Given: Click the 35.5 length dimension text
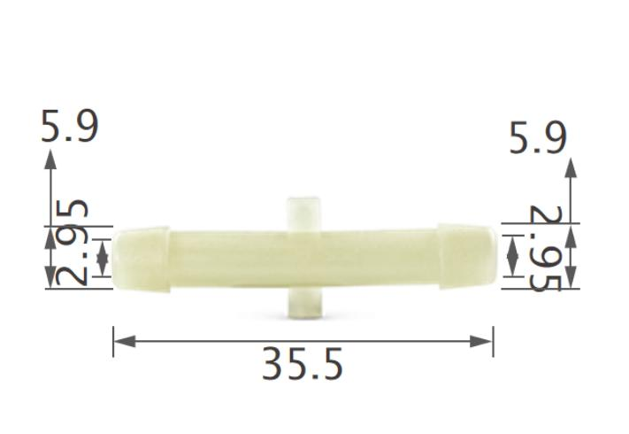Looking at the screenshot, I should (x=302, y=364).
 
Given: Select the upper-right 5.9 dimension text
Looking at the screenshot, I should (x=538, y=138).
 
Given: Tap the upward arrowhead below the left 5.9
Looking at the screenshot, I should (x=50, y=159).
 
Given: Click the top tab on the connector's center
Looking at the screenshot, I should (x=303, y=213).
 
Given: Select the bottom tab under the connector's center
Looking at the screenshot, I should (x=303, y=302).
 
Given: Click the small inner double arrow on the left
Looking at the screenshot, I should (x=103, y=257).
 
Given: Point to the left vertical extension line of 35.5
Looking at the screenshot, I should (x=113, y=342).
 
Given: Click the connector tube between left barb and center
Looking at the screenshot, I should (x=226, y=258).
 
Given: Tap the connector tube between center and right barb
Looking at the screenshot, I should (x=380, y=258).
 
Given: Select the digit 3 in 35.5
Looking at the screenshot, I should (x=273, y=364).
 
